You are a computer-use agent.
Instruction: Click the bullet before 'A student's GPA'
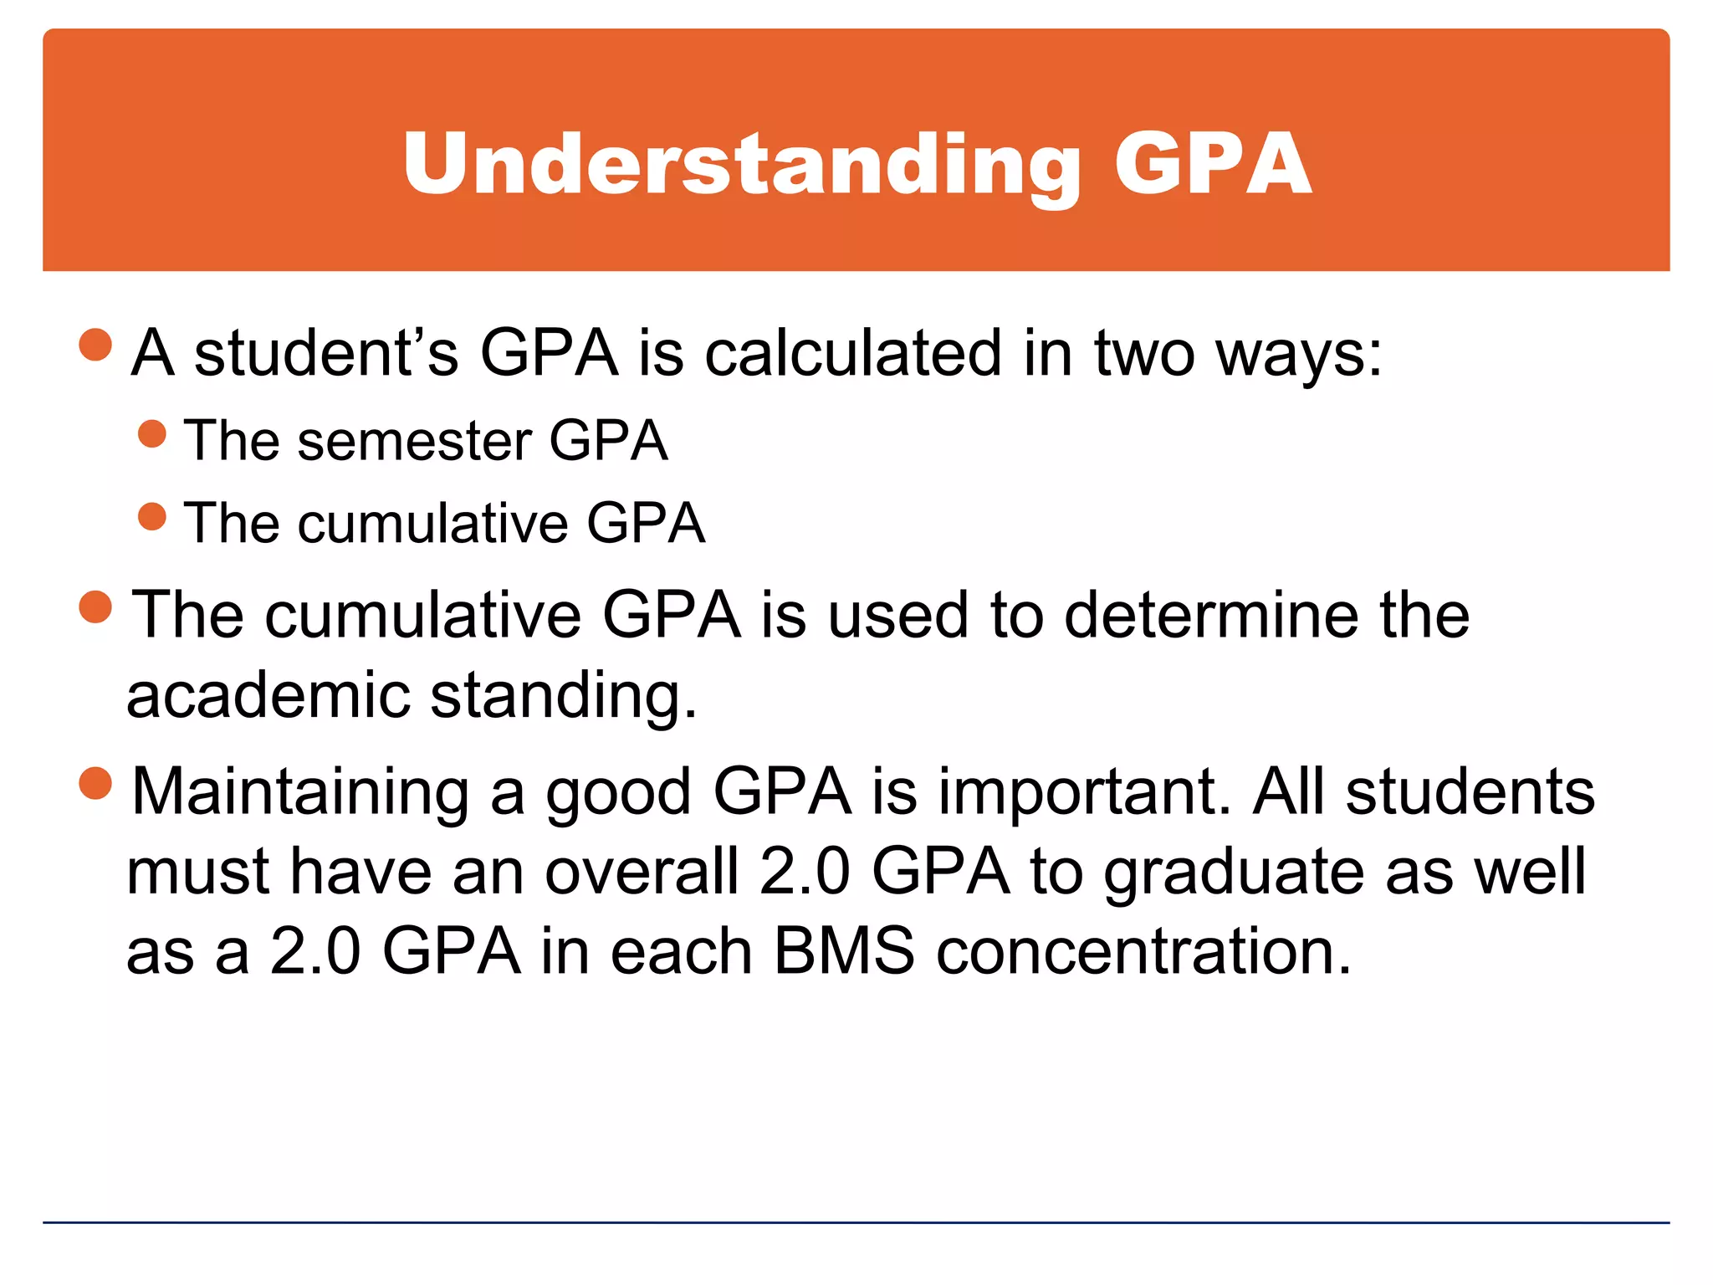pyautogui.click(x=95, y=344)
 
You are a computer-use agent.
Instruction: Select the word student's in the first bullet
pyautogui.click(x=326, y=352)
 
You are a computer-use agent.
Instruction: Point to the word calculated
pyautogui.click(x=853, y=352)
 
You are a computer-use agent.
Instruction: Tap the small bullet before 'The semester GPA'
pyautogui.click(x=152, y=433)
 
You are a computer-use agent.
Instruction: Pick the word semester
pyautogui.click(x=415, y=441)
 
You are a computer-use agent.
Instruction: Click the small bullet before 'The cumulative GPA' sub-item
pyautogui.click(x=152, y=516)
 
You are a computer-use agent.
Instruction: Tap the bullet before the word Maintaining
pyautogui.click(x=95, y=784)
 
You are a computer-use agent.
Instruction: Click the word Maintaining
pyautogui.click(x=300, y=791)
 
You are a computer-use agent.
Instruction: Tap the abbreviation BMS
pyautogui.click(x=844, y=951)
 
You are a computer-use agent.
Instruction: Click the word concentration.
pyautogui.click(x=1143, y=951)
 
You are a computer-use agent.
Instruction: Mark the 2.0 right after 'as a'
pyautogui.click(x=315, y=951)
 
